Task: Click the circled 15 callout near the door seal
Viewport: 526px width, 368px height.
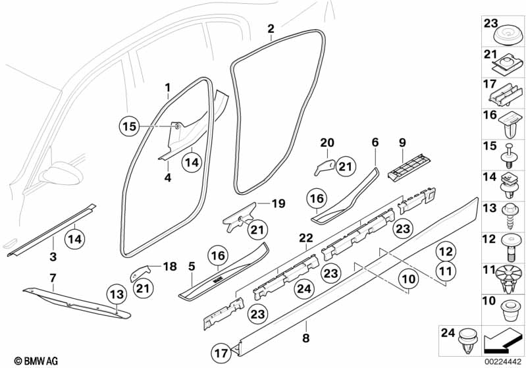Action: click(130, 126)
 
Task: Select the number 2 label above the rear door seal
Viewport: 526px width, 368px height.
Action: click(271, 28)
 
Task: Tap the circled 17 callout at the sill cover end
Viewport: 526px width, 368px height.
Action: click(223, 353)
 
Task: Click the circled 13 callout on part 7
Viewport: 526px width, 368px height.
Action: click(117, 294)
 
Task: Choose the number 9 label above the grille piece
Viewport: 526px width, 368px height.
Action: click(401, 142)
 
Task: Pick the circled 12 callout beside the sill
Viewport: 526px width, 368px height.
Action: click(446, 251)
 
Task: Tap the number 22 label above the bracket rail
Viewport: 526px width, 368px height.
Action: click(305, 237)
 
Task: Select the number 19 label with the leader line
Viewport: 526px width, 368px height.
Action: click(278, 204)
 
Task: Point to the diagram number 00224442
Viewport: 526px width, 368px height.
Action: click(502, 361)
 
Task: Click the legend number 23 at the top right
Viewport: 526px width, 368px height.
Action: click(491, 24)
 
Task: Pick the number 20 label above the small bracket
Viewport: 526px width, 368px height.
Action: click(327, 142)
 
